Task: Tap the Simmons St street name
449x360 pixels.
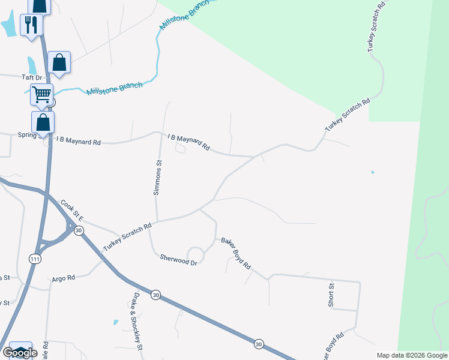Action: pos(158,177)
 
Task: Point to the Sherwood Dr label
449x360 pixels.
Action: pos(178,259)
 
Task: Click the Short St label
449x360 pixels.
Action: pos(331,296)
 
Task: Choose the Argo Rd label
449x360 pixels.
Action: pos(63,278)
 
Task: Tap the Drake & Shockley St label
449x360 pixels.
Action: pos(137,322)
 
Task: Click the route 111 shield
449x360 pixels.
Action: pos(35,258)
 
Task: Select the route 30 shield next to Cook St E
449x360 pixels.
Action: pos(79,231)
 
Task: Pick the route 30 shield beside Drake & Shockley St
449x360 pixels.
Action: pos(156,295)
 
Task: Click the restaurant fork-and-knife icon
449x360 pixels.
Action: pos(31,25)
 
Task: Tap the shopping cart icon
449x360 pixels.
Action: pos(41,94)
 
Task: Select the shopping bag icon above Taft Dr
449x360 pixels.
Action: pos(59,62)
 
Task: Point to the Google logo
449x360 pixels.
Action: pos(20,353)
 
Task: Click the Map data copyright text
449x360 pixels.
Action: pos(412,355)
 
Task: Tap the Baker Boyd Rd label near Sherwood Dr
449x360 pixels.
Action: pos(235,252)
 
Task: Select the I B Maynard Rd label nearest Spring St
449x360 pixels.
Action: pos(79,140)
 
